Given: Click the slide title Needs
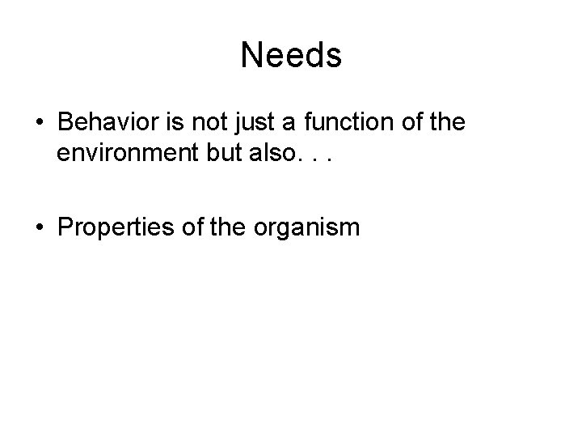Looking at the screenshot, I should [291, 56].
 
